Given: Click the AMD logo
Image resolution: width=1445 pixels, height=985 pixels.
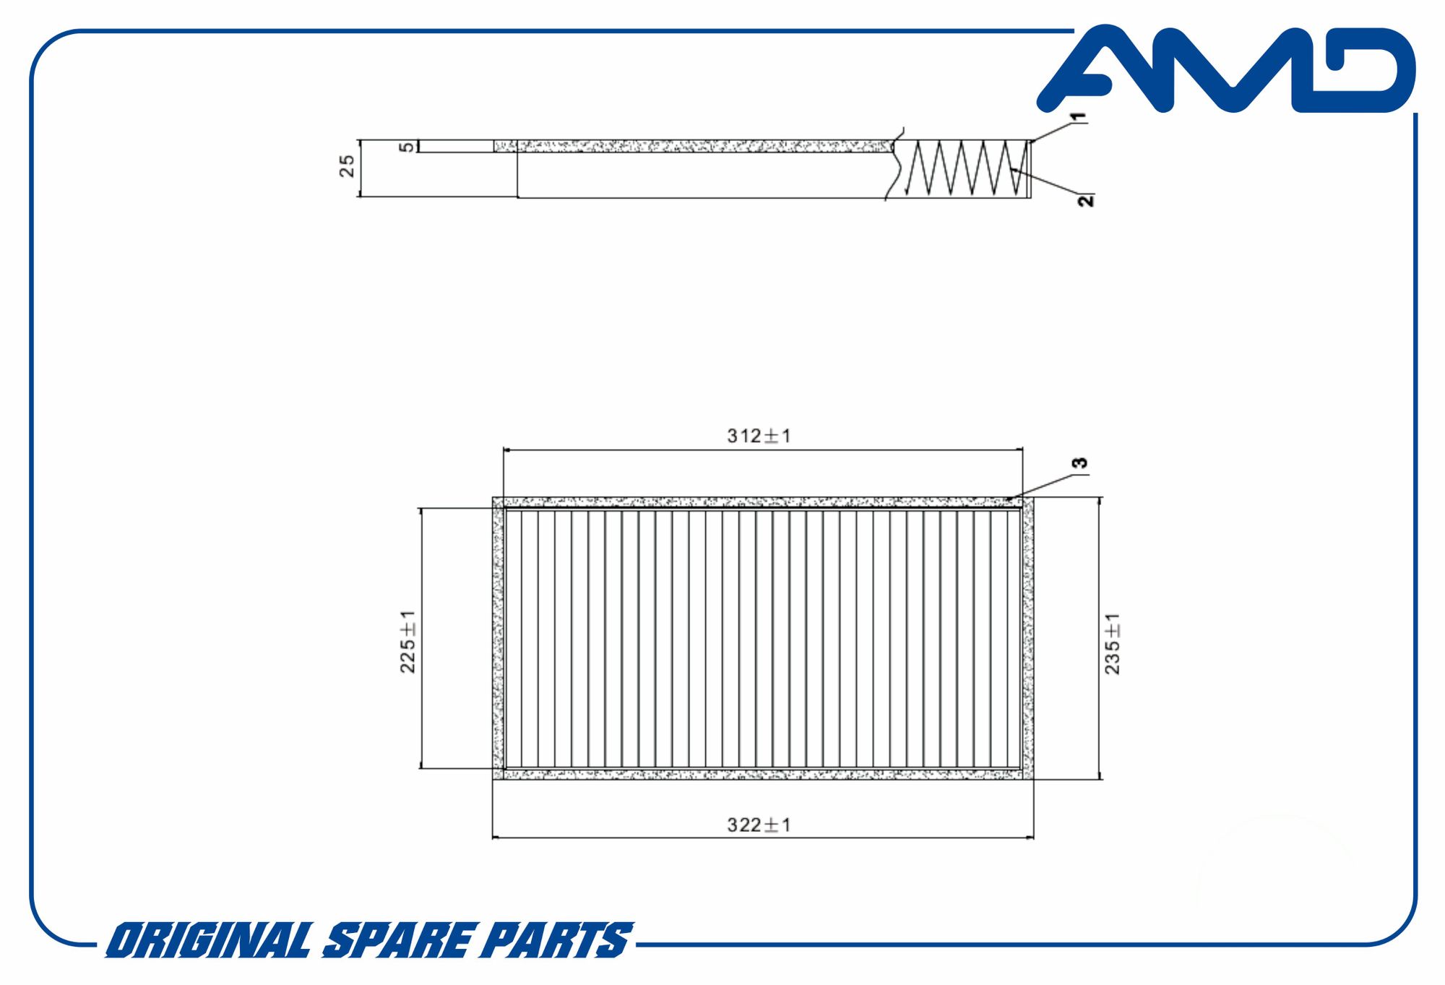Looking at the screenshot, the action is [x=1226, y=69].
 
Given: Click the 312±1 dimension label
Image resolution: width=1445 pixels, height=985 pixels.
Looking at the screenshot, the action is [x=759, y=436].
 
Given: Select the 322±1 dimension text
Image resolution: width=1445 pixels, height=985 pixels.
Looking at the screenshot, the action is [x=759, y=825].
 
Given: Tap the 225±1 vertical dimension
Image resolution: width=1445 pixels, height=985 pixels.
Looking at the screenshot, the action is [x=407, y=642].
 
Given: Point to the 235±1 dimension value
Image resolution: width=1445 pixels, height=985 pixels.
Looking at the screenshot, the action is [x=1113, y=643].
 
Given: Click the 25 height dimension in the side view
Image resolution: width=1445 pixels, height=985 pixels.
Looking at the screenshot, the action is [x=348, y=165].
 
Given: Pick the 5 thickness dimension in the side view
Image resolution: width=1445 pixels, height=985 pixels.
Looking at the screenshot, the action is [x=407, y=147].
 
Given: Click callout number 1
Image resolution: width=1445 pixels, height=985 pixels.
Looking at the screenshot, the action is [x=1078, y=116].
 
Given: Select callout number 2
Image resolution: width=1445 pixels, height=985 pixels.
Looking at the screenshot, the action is [x=1086, y=200].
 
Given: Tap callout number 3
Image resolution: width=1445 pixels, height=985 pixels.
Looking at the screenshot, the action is [x=1079, y=463].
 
